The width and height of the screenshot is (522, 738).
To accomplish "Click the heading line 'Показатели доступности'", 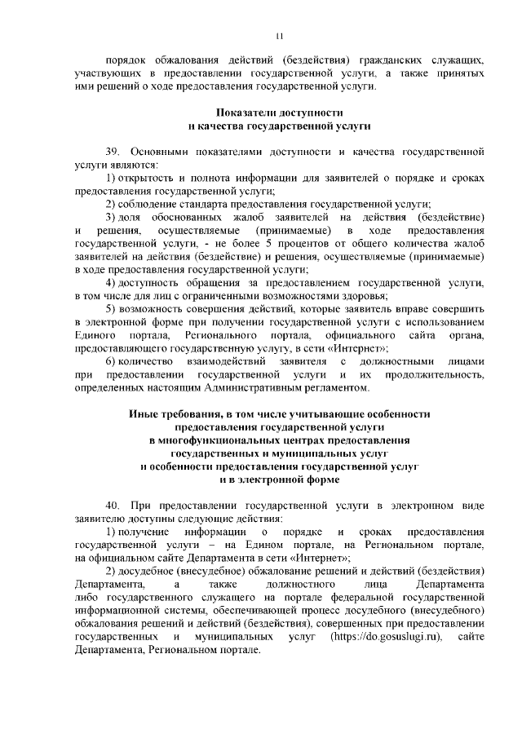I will [x=279, y=113].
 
